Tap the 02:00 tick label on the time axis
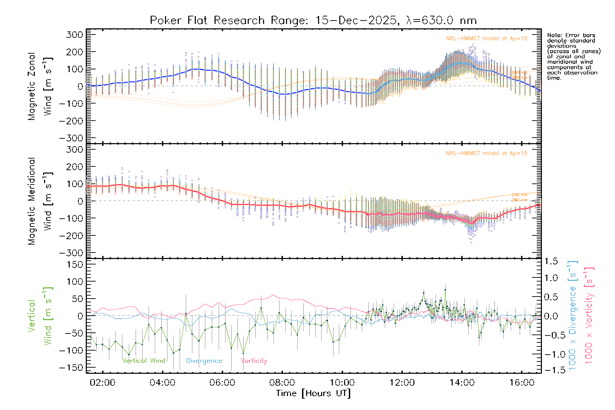pos(102,383)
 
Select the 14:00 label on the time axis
pos(462,383)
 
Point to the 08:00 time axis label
pos(282,383)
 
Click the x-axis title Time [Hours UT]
pos(313,393)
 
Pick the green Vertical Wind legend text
pos(143,360)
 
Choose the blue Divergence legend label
pos(204,361)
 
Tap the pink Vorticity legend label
pos(254,360)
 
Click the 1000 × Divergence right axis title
pos(572,316)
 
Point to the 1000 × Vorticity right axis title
pos(589,316)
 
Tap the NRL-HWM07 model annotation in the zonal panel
pos(487,39)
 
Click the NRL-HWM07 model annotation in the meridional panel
pos(487,153)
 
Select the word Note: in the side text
pos(555,35)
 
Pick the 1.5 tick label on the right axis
pos(551,261)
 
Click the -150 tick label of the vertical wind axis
pos(71,368)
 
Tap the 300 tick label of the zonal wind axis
pos(74,35)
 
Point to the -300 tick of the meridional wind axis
pos(71,253)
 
